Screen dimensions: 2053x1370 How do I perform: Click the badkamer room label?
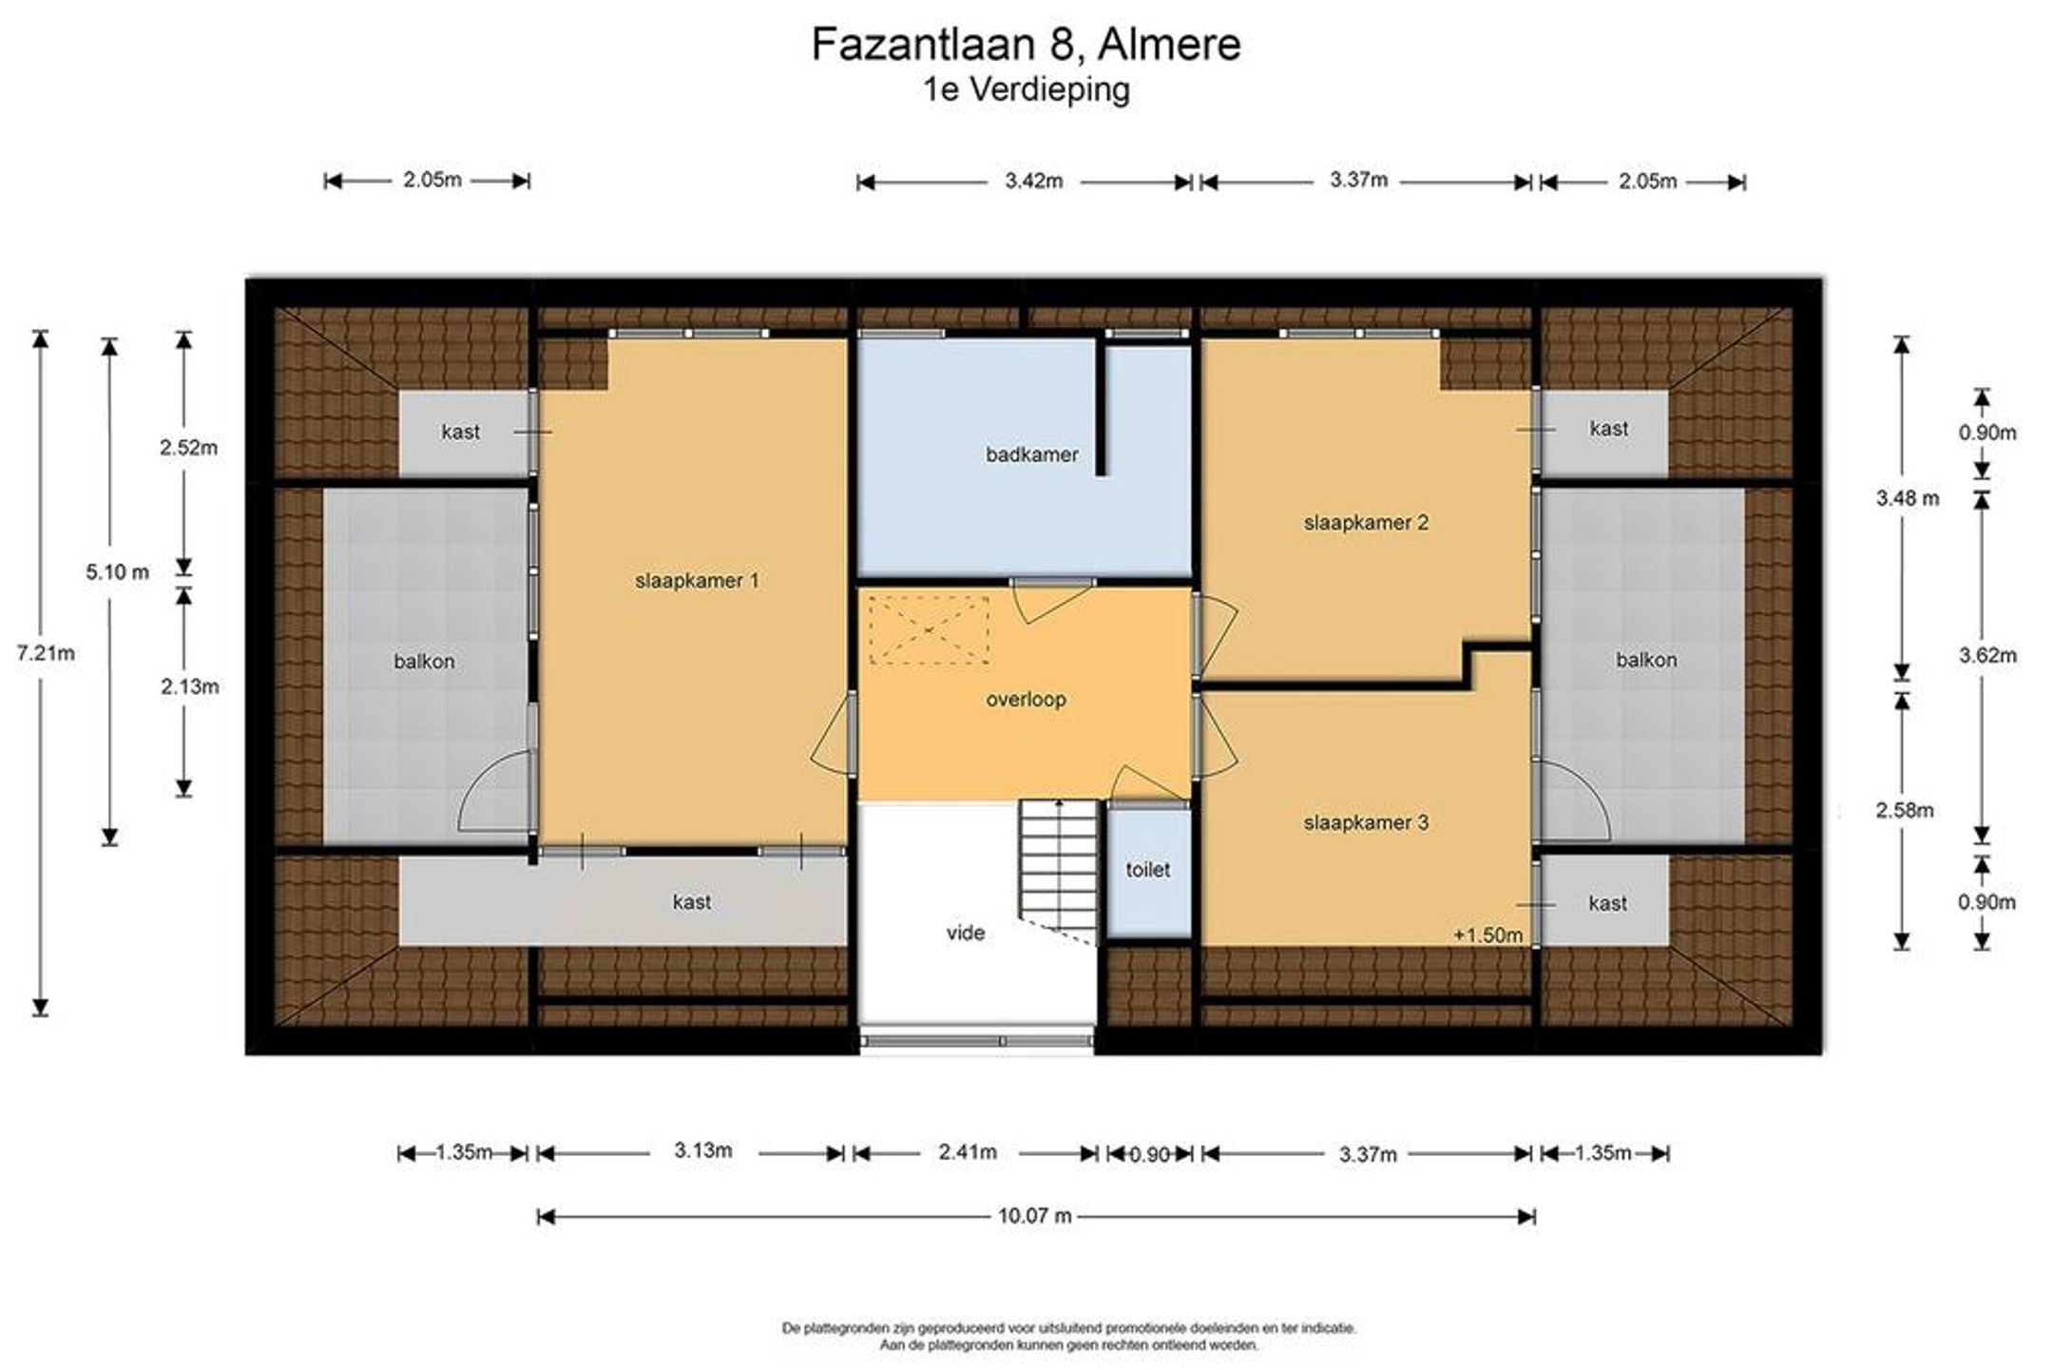[x=1031, y=455]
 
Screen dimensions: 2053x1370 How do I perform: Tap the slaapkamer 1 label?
[x=697, y=581]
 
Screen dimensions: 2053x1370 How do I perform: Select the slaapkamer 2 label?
[x=1366, y=523]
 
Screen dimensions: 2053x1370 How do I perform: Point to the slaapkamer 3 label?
[x=1366, y=823]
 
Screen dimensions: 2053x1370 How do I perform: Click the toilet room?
[x=1148, y=871]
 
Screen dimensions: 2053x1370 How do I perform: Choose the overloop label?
[x=1026, y=700]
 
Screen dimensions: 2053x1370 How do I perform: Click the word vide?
[x=966, y=934]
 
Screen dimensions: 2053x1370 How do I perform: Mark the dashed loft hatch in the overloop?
[x=929, y=629]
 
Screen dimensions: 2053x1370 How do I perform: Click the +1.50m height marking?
[x=1487, y=936]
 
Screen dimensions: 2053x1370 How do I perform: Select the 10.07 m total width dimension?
[x=1035, y=1216]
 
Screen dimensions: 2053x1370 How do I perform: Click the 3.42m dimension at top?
[x=1034, y=181]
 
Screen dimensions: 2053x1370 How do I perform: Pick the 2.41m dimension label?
[x=968, y=1152]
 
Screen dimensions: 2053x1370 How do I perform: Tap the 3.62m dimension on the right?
[x=1987, y=655]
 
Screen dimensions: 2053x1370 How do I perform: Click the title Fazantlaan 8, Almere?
[x=1026, y=45]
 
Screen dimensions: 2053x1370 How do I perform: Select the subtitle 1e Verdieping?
[x=1026, y=90]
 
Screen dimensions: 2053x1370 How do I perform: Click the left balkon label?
[x=424, y=662]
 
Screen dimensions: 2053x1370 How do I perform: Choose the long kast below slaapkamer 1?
[x=623, y=901]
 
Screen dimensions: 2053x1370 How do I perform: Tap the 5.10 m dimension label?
[x=117, y=572]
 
